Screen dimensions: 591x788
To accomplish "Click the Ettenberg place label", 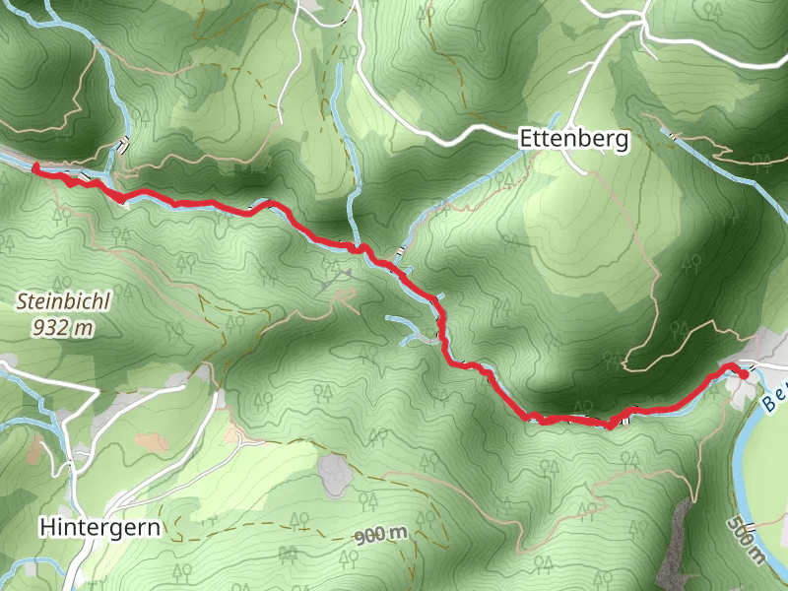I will pos(573,141).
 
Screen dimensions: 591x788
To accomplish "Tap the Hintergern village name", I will pos(100,527).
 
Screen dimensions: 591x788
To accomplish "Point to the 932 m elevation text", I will pos(61,327).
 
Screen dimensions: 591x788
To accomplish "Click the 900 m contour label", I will pos(381,535).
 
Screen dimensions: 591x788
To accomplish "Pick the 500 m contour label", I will pos(748,541).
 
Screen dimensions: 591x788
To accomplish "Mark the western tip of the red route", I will pos(35,168).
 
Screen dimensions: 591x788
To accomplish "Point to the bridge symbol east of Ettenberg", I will pos(673,134).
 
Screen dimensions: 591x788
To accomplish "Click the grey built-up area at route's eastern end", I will pos(758,360).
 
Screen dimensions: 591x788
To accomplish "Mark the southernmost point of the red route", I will pos(611,426).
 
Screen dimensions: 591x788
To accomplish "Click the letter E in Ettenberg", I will pos(526,141).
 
